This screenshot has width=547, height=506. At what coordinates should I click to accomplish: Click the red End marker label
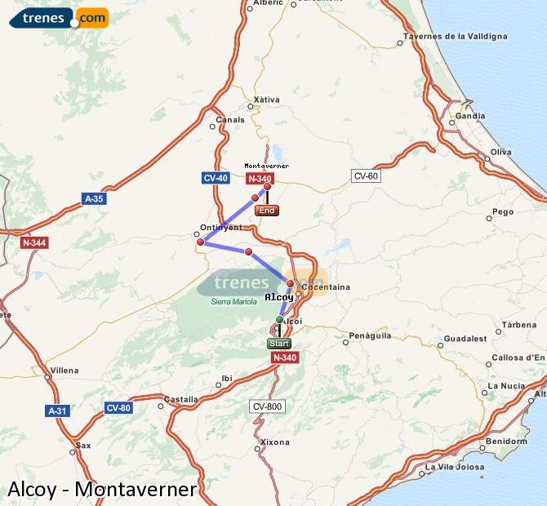[267, 211]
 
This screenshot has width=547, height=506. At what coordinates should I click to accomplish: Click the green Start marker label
[279, 344]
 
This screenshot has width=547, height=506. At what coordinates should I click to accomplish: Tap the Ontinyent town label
[216, 228]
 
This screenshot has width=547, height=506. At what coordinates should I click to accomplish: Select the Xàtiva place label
[267, 100]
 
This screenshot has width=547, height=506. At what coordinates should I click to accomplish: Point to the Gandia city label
[470, 116]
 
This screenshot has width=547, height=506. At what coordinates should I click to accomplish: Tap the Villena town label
[64, 370]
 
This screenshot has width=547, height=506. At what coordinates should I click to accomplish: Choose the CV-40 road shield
[216, 177]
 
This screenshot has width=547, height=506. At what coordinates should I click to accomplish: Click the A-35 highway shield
[94, 198]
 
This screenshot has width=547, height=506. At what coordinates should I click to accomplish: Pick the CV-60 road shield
[366, 176]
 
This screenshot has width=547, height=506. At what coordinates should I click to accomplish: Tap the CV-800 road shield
[266, 406]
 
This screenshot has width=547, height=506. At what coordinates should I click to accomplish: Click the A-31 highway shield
[57, 411]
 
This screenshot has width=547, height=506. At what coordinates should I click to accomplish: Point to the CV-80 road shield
[118, 407]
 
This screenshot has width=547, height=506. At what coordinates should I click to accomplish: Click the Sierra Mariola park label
[234, 302]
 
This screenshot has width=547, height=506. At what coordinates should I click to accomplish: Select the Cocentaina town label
[326, 286]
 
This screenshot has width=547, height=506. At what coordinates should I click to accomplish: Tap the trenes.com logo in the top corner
[59, 17]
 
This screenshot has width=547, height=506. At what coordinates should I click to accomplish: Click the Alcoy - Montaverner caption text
[101, 489]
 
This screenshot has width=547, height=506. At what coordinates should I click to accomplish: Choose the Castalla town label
[181, 399]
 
